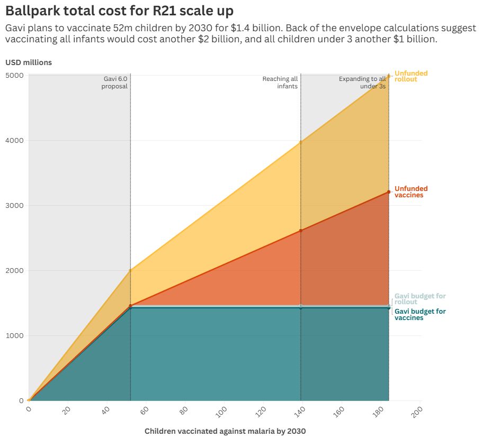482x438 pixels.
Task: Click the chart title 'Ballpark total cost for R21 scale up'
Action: tap(119, 10)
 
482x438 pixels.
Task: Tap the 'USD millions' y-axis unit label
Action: tap(29, 62)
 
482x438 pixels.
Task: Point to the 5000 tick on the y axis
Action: tap(15, 75)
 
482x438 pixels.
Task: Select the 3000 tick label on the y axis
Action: tap(15, 205)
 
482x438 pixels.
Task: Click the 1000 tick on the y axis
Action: tap(15, 335)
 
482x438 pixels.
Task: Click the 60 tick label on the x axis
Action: tap(144, 410)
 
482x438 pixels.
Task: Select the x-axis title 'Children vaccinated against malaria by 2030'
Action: tap(225, 431)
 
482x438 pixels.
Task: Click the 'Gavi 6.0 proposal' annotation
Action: tap(115, 83)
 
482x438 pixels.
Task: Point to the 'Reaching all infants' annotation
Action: tap(280, 83)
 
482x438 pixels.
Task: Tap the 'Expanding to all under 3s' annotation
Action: tap(362, 83)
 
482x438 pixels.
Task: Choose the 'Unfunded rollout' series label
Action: tap(411, 76)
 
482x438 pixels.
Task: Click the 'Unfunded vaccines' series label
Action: tap(411, 191)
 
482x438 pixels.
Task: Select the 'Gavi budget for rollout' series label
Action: tap(420, 299)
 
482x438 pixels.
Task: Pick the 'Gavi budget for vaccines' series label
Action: tap(420, 315)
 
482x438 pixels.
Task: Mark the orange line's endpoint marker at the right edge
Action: tap(389, 192)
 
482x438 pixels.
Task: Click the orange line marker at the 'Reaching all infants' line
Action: tap(301, 231)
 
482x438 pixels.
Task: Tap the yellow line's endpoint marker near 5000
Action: tap(389, 76)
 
